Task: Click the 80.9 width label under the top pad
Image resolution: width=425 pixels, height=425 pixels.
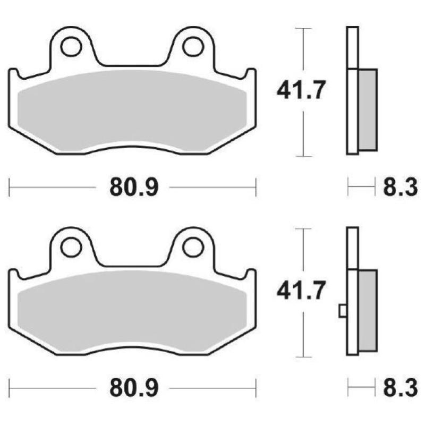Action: [x=134, y=188]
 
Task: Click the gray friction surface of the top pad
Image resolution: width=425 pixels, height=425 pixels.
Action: [x=133, y=109]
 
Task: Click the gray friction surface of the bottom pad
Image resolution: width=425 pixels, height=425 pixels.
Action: [x=133, y=311]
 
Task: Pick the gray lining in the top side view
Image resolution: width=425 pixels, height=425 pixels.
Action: [x=368, y=109]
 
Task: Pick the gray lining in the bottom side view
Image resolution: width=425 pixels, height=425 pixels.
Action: [x=368, y=310]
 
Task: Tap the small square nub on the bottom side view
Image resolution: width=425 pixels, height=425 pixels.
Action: [x=343, y=311]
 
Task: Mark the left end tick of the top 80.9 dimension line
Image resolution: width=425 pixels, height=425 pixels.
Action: [x=10, y=188]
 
